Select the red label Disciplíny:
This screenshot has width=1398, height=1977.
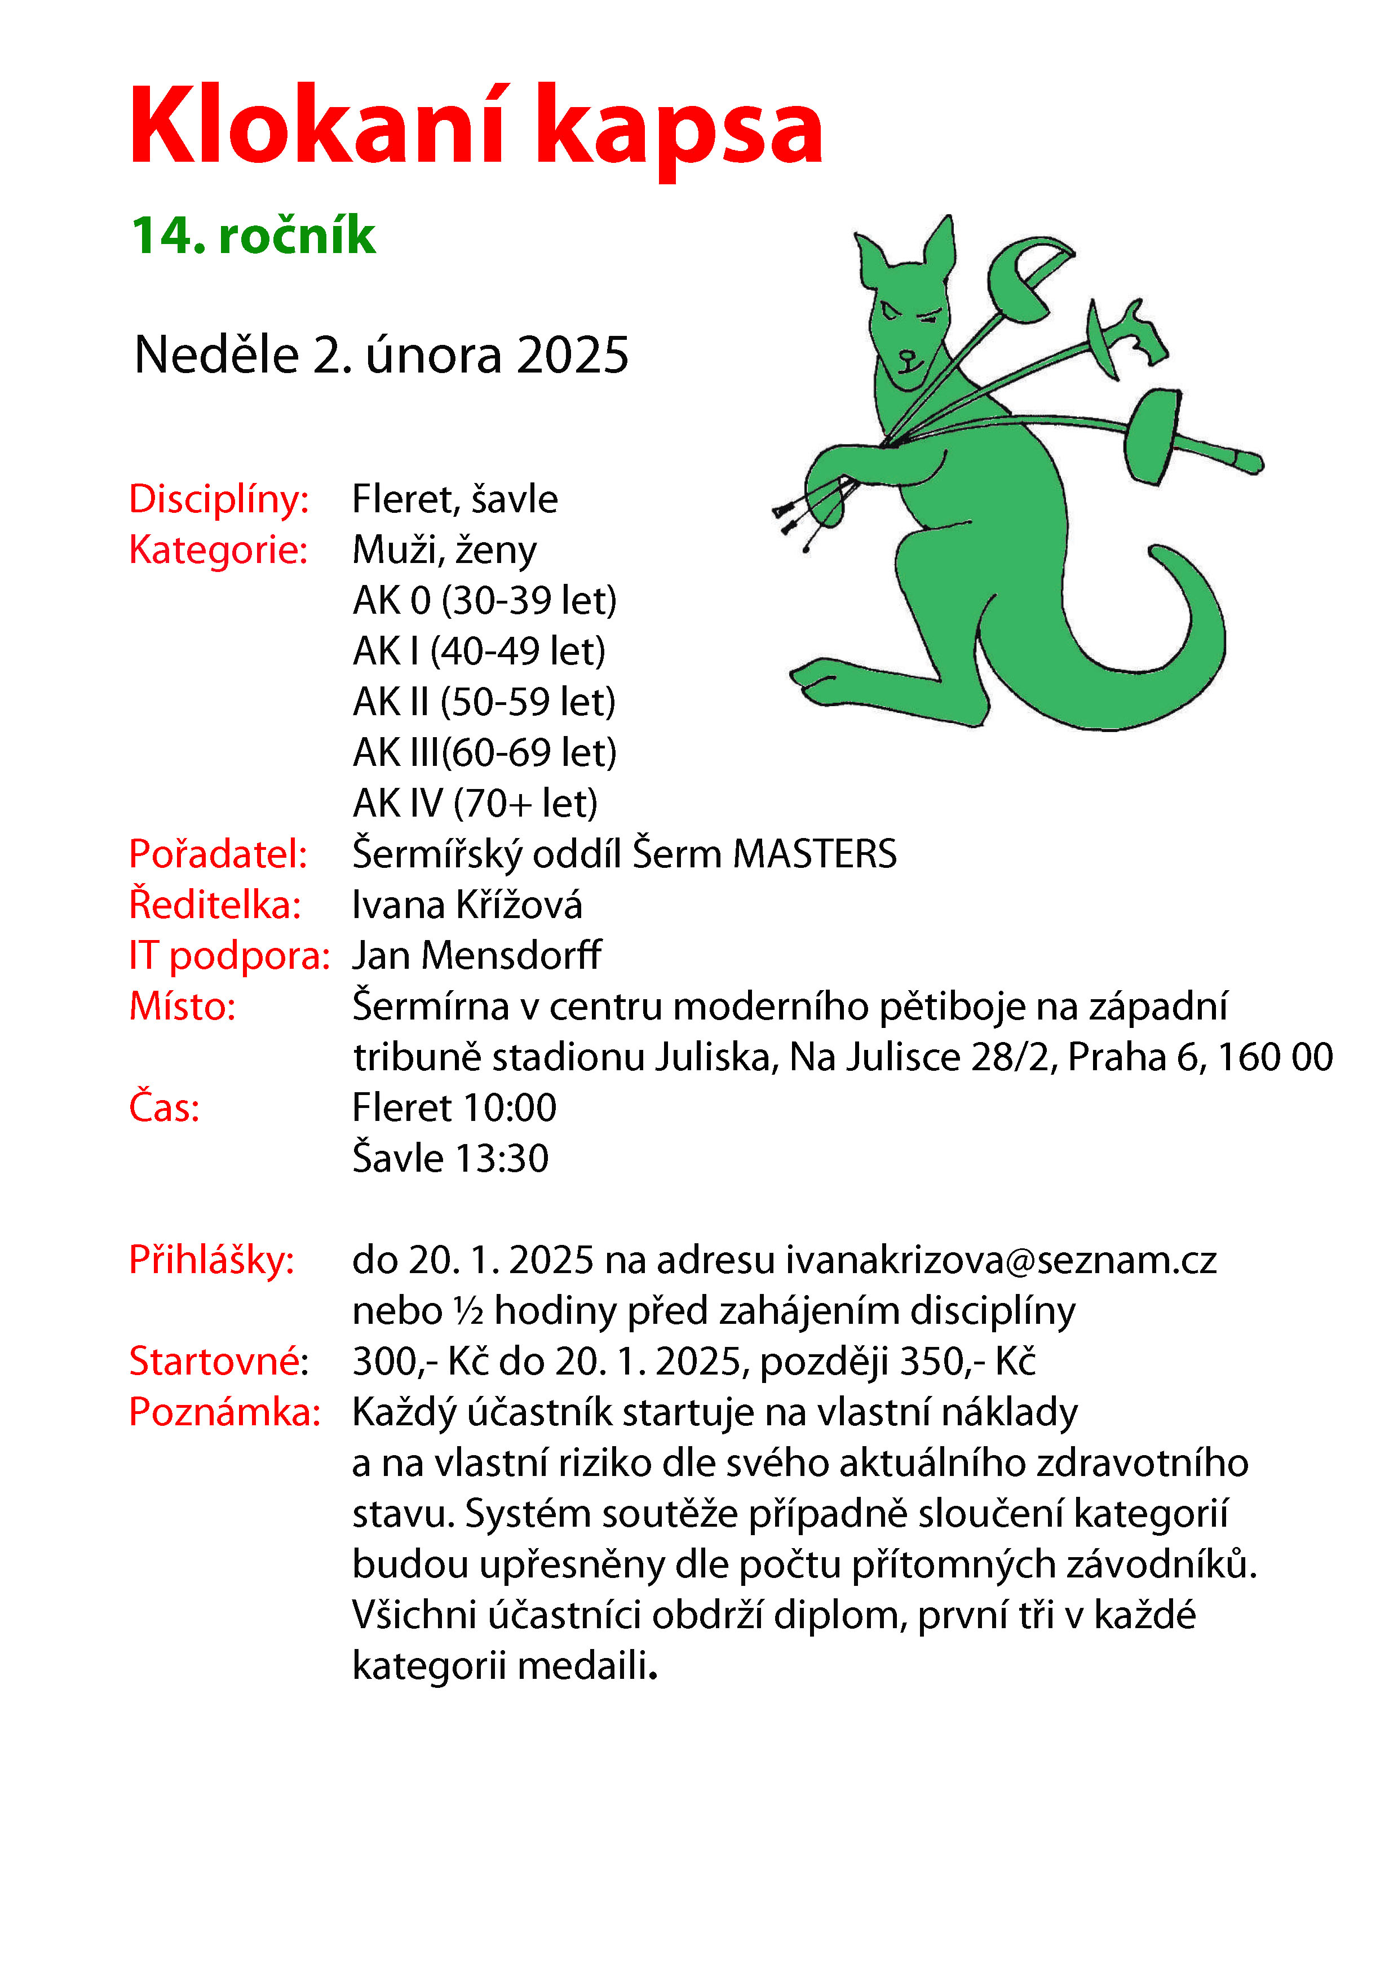(219, 499)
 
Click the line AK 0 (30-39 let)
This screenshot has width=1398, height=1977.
(485, 601)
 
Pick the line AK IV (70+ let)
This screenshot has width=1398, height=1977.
(475, 804)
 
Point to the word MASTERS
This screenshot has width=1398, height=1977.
(814, 854)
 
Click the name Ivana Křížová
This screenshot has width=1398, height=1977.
(467, 905)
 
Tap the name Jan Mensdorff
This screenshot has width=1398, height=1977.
(476, 956)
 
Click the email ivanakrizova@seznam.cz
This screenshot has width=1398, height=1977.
(1001, 1261)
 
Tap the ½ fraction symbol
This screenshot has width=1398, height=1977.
(470, 1311)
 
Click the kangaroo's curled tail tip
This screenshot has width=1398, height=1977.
(1158, 555)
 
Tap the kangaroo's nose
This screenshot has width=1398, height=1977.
(906, 353)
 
